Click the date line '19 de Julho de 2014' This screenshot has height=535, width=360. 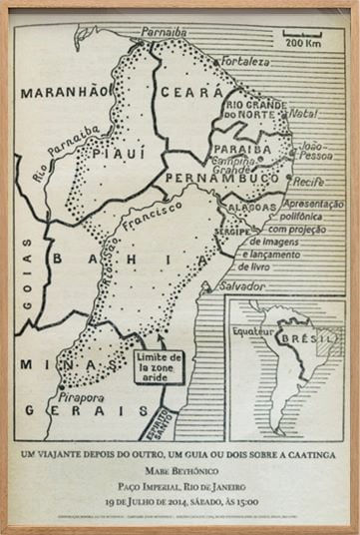[180, 495]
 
